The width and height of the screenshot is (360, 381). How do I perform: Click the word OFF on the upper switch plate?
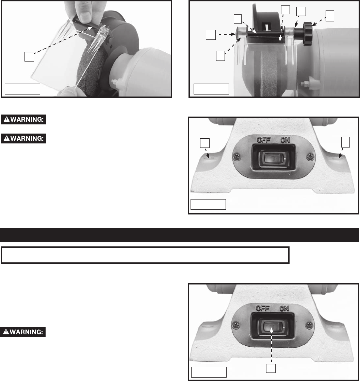pos(264,140)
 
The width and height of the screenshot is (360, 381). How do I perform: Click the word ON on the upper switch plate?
pos(285,140)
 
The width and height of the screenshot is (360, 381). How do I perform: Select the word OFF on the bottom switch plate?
pos(263,309)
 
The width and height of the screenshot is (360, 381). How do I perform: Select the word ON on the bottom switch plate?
pos(284,309)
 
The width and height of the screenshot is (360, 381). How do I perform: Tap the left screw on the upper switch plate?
pos(237,157)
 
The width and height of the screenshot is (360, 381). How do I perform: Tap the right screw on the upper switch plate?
pos(310,157)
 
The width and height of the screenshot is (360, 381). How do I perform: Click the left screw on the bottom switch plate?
pos(236,325)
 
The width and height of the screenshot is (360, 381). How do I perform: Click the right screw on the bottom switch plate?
pos(309,325)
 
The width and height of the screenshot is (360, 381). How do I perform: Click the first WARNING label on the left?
pos(23,120)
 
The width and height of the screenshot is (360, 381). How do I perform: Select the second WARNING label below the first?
pos(23,139)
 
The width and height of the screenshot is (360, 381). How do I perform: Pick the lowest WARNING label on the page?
pos(23,332)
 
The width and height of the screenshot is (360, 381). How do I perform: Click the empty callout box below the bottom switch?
pos(271,368)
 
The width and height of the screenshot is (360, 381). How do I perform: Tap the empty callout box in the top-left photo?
pos(29,57)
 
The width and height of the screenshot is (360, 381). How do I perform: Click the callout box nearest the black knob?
pos(330,16)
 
